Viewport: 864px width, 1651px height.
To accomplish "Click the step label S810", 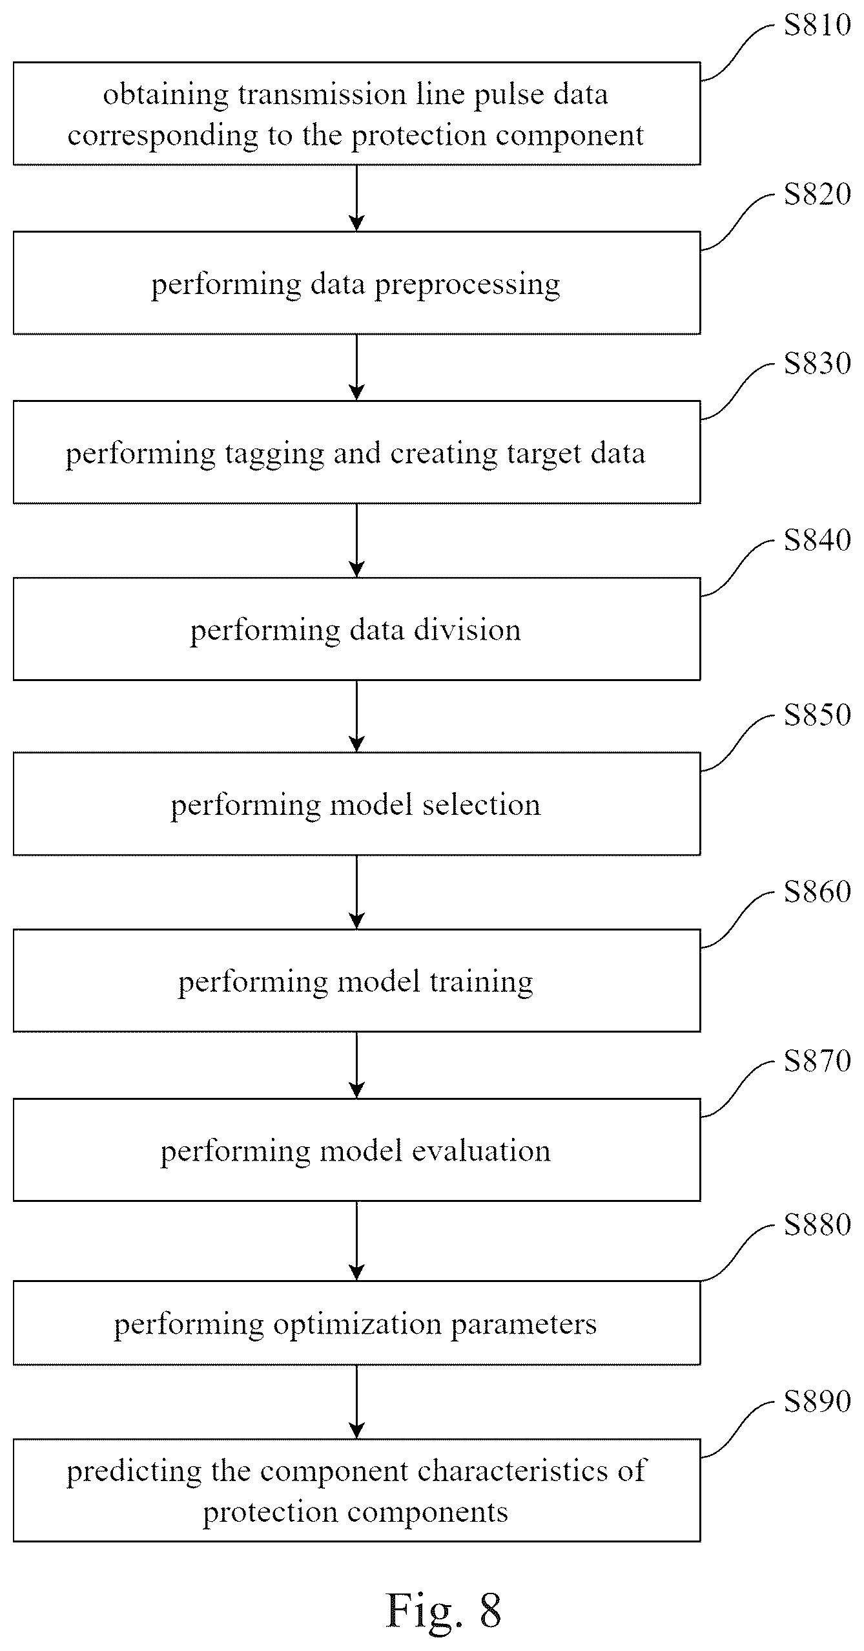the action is [817, 25].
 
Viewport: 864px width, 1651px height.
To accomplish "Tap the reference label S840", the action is [817, 540].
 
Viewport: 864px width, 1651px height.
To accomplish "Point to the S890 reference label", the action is [817, 1401].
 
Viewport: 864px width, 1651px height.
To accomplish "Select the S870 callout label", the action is [817, 1061].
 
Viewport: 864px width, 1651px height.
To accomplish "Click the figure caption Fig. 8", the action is [443, 1609].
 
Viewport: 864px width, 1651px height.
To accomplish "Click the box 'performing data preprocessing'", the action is [356, 283].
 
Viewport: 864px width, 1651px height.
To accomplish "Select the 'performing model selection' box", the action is [356, 804].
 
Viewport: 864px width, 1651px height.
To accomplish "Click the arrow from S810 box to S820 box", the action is [356, 198].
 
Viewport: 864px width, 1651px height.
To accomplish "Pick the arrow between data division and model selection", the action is [356, 716].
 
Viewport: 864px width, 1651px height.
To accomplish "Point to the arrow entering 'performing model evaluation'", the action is [356, 1065].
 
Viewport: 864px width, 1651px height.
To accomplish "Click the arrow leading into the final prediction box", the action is [356, 1402].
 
